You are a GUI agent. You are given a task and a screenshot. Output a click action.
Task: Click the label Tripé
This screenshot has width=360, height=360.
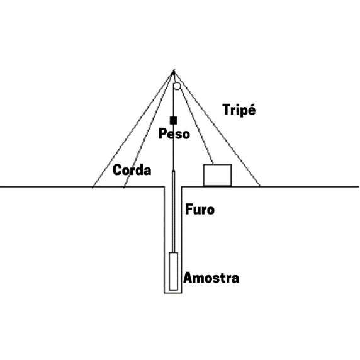tap(239, 110)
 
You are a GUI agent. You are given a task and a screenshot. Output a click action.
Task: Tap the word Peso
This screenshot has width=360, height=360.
tap(174, 133)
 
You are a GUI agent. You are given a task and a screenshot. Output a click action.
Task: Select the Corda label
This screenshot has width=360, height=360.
tap(132, 170)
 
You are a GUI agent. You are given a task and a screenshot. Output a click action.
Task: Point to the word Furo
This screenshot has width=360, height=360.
tap(200, 209)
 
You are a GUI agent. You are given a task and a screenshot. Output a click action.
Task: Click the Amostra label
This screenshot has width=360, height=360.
tap(211, 278)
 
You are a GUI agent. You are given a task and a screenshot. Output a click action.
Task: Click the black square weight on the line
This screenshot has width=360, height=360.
tap(173, 120)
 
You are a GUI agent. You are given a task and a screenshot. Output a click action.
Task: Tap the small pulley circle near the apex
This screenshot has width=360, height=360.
tap(177, 86)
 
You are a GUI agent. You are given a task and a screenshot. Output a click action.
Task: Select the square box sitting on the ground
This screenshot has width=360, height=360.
tap(217, 175)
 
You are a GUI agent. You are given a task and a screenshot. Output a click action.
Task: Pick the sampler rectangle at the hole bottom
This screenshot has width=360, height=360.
tap(173, 271)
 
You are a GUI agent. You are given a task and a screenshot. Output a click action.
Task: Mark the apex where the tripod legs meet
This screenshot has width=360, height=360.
tap(174, 72)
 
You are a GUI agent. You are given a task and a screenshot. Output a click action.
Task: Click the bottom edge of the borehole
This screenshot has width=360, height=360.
tap(173, 293)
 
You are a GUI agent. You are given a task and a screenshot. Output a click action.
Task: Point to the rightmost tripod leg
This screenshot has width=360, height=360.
tap(217, 129)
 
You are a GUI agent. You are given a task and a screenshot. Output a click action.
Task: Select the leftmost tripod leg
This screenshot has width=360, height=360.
tap(133, 130)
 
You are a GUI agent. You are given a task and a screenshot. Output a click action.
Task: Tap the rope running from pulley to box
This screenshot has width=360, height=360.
tap(196, 126)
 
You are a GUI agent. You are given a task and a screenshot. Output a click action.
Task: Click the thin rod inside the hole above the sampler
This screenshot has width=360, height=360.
tap(174, 211)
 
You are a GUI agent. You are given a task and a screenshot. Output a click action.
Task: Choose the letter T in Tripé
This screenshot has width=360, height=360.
tap(226, 110)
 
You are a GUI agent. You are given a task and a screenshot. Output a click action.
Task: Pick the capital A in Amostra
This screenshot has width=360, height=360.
tap(188, 277)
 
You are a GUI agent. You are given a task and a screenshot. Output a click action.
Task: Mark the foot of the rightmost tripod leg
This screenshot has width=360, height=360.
tap(260, 186)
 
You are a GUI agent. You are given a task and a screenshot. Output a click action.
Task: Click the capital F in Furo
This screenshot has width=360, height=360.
tap(189, 209)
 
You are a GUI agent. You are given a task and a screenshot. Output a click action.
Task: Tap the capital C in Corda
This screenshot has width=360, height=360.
tap(117, 170)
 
